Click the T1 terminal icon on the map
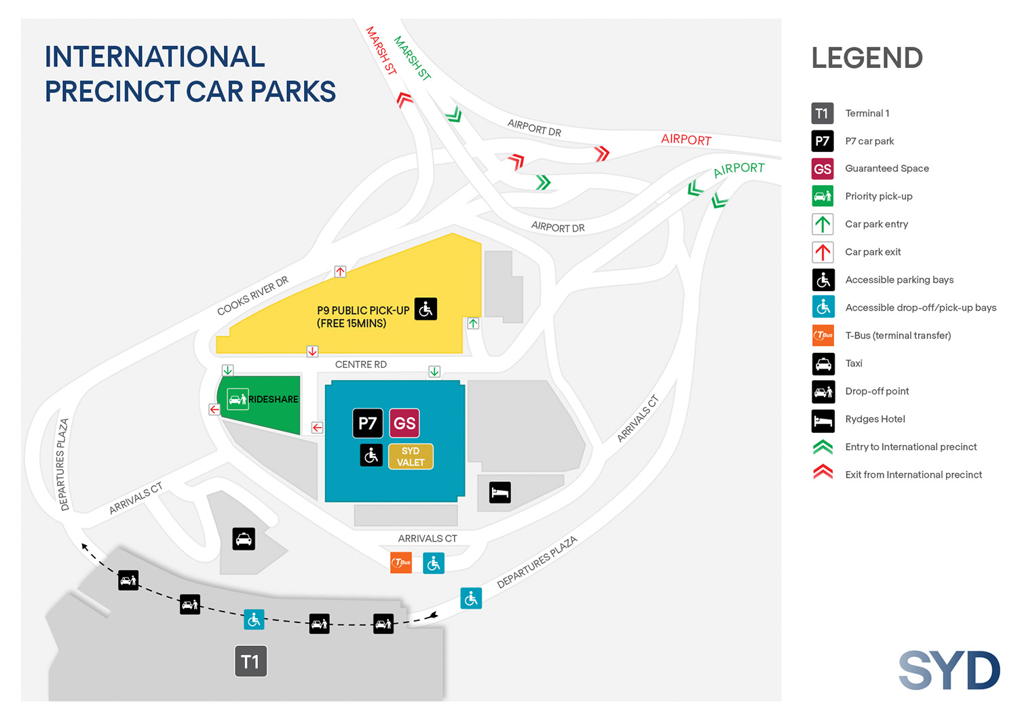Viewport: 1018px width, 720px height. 250,662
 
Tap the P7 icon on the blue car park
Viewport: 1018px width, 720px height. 367,423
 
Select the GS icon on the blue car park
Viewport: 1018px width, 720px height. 404,423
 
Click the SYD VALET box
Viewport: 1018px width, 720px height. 411,457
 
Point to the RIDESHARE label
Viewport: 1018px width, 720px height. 273,399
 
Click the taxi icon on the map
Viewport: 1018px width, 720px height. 244,539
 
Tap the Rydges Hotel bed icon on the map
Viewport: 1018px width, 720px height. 500,492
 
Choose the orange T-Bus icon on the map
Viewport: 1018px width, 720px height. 401,563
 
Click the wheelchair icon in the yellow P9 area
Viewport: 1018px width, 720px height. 426,309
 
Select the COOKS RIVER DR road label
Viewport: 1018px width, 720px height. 252,296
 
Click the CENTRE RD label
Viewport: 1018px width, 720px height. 360,364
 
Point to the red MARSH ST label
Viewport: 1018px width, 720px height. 381,50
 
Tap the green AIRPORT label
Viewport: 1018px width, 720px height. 738,169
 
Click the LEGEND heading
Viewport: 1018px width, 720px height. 867,58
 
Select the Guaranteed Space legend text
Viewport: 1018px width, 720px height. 886,168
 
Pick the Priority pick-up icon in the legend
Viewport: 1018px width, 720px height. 823,196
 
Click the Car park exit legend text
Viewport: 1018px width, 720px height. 873,252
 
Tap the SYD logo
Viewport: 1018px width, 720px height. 949,670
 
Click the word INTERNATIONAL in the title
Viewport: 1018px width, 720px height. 155,57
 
